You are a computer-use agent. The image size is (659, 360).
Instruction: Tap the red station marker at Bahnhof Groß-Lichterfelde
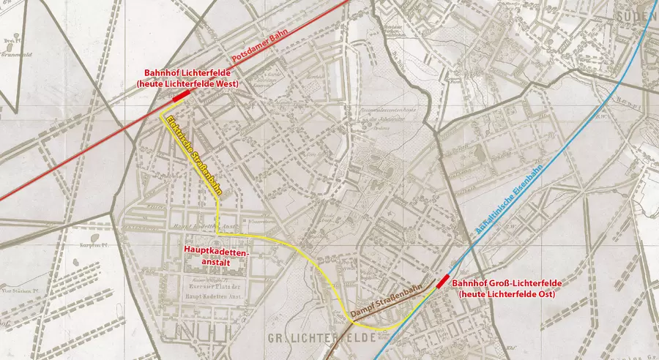point(443,282)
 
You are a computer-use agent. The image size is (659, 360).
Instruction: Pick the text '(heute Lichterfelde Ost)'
point(506,294)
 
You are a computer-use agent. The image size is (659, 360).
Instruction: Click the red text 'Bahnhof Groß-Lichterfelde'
point(503,283)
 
